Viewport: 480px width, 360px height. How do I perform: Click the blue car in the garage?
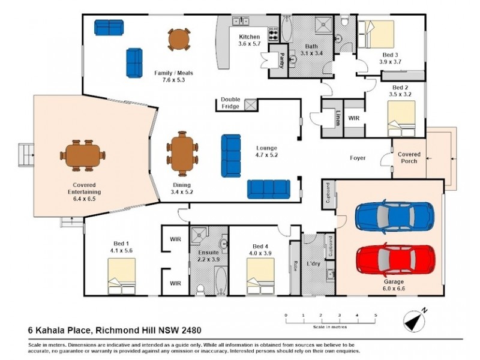[x=394, y=217]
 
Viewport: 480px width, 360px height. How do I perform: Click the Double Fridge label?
[x=230, y=103]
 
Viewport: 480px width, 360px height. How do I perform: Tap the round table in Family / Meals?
[x=179, y=40]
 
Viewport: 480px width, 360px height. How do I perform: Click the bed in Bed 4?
[x=260, y=277]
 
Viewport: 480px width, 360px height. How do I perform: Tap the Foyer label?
[x=359, y=159]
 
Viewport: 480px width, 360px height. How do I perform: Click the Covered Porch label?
[x=409, y=158]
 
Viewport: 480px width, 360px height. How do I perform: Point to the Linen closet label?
[x=338, y=119]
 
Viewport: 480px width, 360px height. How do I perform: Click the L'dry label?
[x=313, y=264]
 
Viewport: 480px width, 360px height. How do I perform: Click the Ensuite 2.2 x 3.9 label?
[x=209, y=257]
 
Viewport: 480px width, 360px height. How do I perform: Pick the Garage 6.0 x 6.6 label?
[x=394, y=284]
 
